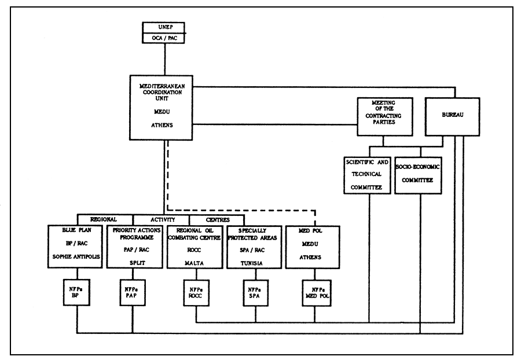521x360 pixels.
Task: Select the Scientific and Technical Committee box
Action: pos(368,172)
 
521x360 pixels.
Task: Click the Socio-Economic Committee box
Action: pos(417,172)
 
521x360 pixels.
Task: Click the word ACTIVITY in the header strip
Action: pos(161,220)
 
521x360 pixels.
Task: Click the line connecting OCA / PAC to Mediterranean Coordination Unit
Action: pos(166,60)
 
